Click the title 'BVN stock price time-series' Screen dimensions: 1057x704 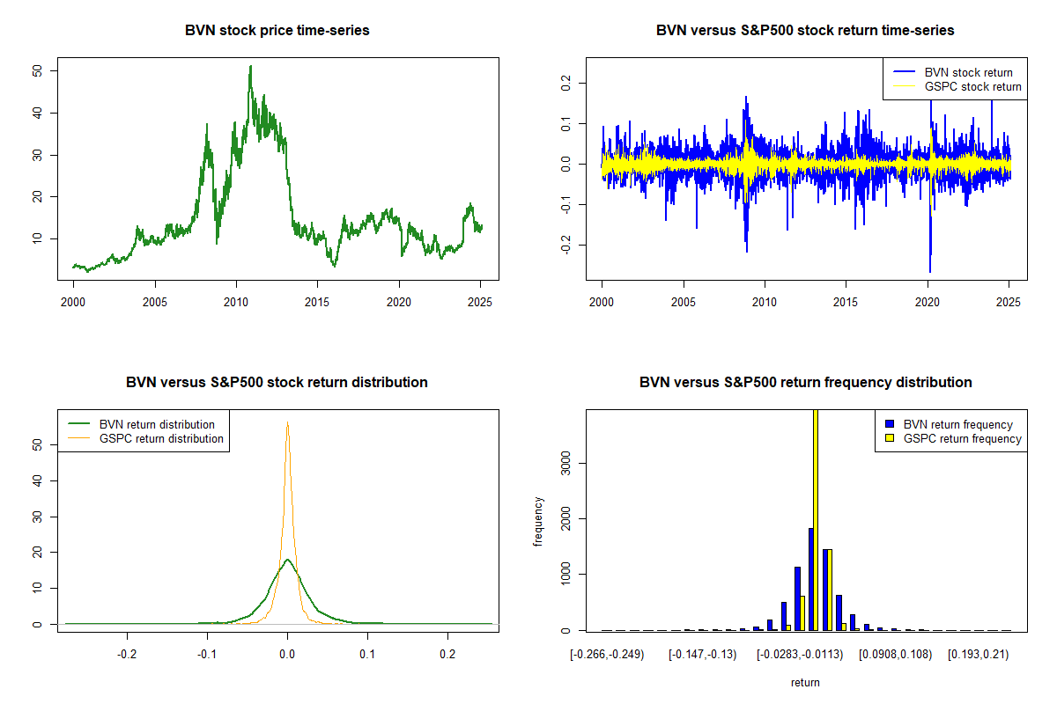[x=277, y=30]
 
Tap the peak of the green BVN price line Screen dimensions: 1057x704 [x=250, y=66]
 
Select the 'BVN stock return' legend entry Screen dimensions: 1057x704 [x=952, y=72]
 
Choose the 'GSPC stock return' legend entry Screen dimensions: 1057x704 [x=957, y=87]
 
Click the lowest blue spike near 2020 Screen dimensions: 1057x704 [x=929, y=272]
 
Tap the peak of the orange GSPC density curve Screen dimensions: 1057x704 [x=287, y=422]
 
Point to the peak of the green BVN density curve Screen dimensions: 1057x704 [x=287, y=560]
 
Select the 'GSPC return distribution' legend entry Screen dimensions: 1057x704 [x=146, y=438]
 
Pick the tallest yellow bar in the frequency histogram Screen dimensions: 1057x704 [x=816, y=519]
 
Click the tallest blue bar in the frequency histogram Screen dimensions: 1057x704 [x=810, y=579]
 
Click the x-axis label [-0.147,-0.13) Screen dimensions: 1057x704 [x=702, y=655]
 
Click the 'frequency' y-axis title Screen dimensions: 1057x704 [x=538, y=521]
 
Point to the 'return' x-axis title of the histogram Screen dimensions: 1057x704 [x=805, y=682]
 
